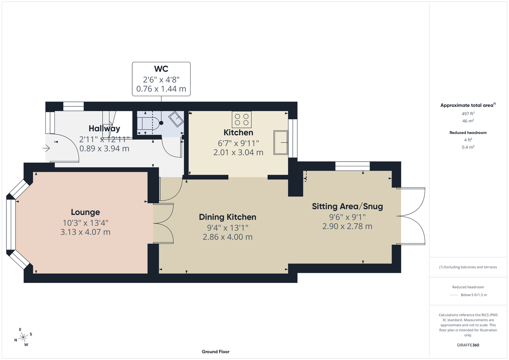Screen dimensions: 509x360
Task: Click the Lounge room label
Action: pos(85,212)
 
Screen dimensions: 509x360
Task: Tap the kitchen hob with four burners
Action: pos(242,120)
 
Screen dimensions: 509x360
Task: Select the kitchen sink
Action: pos(281,143)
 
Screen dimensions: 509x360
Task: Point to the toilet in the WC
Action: pos(149,123)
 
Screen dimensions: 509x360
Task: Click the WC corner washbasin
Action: pos(176,119)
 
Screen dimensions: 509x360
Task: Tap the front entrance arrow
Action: pos(46,148)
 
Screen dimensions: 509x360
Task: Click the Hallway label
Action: pos(104,129)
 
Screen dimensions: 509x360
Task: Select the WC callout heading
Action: pos(161,69)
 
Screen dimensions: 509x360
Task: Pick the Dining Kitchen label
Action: pos(227,217)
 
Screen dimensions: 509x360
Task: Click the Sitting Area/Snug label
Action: pos(347,207)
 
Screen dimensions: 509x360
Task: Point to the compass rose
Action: pos(23,337)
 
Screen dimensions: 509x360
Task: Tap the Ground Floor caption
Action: pos(215,352)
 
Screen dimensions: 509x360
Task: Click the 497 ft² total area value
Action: pos(468,113)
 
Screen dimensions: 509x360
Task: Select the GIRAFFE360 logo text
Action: pos(468,345)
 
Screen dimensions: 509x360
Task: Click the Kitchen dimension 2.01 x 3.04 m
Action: pos(238,152)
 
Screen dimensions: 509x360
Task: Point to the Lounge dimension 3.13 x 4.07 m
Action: pos(85,232)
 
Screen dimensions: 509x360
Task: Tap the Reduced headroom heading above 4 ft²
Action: pos(468,132)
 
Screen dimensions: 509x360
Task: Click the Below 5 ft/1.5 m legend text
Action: pos(474,295)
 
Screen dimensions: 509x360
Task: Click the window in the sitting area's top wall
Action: pos(352,166)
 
